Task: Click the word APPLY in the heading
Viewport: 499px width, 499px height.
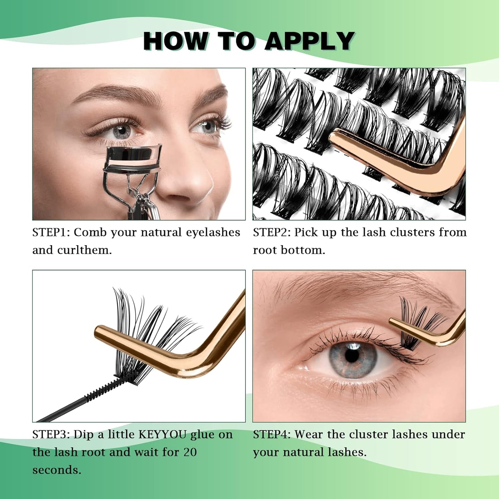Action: pyautogui.click(x=310, y=41)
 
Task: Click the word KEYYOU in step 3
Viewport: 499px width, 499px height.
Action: pyautogui.click(x=162, y=434)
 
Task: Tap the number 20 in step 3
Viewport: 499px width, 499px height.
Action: pyautogui.click(x=190, y=452)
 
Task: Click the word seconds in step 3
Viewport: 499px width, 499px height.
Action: pyautogui.click(x=57, y=470)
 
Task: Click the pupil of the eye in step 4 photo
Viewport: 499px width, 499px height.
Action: pyautogui.click(x=352, y=356)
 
